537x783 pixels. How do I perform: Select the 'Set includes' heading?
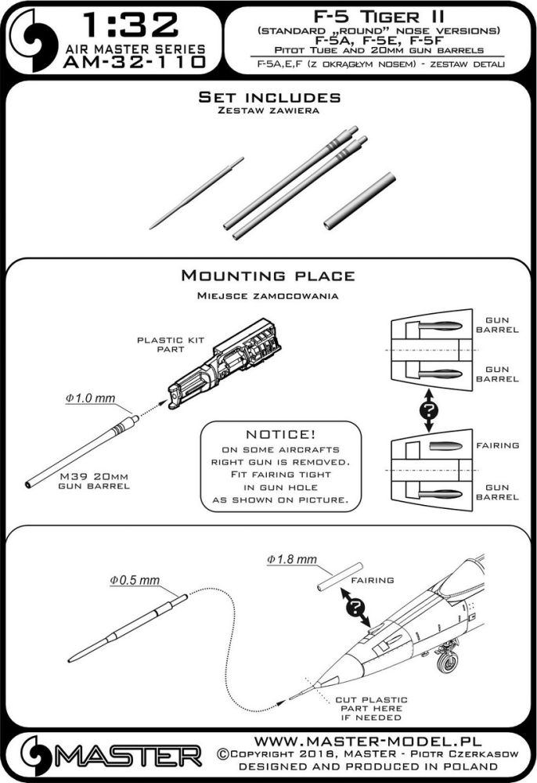(x=268, y=98)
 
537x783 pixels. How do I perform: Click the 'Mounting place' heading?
(x=268, y=276)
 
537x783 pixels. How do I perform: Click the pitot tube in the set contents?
(x=195, y=193)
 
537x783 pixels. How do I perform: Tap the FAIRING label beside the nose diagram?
(x=499, y=446)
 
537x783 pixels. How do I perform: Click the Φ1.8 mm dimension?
(x=291, y=560)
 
